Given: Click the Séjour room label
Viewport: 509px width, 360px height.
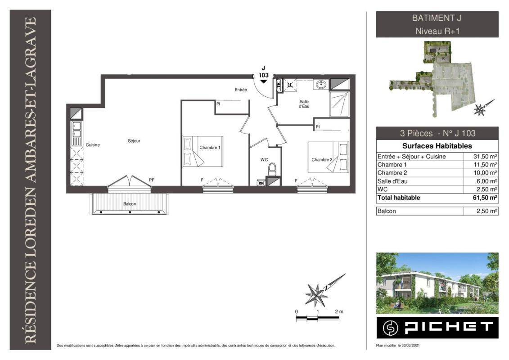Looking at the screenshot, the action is pos(134,141).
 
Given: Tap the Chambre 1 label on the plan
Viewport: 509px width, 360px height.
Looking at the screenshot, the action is pos(210,148).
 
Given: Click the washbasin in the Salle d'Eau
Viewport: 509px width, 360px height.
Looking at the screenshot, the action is pos(321,85).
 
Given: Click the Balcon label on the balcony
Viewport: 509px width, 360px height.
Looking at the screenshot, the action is pos(130,204).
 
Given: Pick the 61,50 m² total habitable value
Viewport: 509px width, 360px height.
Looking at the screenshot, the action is pos(485,198).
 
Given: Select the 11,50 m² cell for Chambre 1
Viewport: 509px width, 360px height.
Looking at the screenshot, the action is pos(485,165).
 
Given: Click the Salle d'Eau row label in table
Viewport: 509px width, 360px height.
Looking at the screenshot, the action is pos(392,181).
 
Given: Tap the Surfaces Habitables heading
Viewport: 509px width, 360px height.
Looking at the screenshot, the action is pos(437,146).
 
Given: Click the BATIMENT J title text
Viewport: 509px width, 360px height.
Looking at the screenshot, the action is pos(437,18).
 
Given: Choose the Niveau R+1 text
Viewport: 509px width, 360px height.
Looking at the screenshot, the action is pos(437,31).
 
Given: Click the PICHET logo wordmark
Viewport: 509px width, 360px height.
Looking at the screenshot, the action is pos(449,327).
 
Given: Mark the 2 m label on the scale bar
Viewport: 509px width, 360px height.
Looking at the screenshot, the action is pos(339,312).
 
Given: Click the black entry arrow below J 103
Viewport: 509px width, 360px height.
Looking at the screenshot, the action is pos(264,81).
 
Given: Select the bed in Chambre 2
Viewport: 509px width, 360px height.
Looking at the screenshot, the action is pos(328,157).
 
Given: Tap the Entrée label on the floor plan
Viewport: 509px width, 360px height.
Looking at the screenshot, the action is pos(241,90).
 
